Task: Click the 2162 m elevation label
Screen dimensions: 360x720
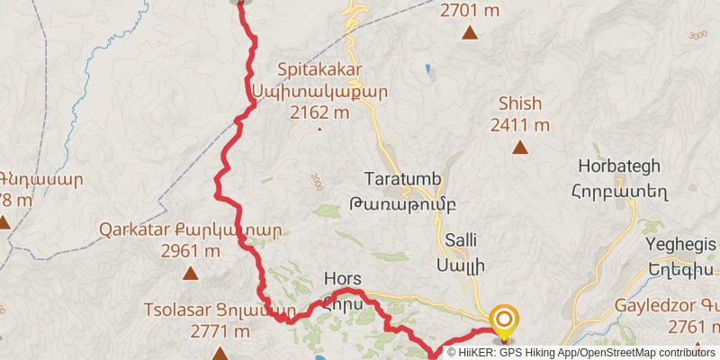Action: pyautogui.click(x=319, y=112)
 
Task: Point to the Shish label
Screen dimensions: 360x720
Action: pyautogui.click(x=519, y=103)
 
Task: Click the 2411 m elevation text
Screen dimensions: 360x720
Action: pyautogui.click(x=519, y=125)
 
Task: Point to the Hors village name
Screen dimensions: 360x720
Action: pyautogui.click(x=341, y=280)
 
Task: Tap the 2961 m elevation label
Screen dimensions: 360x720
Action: pyautogui.click(x=191, y=252)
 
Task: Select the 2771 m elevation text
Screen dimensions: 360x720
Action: pyautogui.click(x=220, y=332)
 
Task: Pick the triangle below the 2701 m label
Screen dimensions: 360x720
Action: pyautogui.click(x=469, y=33)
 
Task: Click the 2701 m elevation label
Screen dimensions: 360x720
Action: pyautogui.click(x=470, y=12)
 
